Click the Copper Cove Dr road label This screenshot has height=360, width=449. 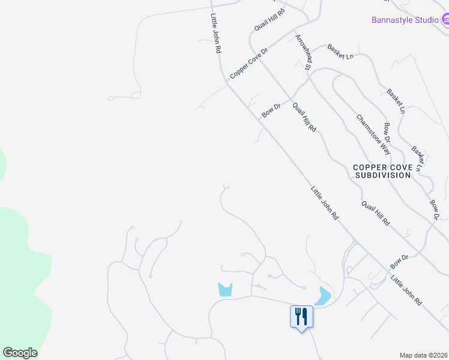coord(247,62)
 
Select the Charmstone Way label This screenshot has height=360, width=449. coord(373,135)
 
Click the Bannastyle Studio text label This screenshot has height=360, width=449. coord(405,20)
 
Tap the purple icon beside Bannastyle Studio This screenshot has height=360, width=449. coord(445,20)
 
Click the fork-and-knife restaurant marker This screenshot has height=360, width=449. coord(301,316)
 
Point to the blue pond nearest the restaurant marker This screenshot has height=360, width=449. coord(323,296)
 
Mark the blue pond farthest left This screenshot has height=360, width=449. coord(224,289)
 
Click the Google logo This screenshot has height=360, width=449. coord(20,353)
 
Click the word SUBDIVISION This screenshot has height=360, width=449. coord(382,175)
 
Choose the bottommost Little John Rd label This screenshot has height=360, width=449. coord(406,292)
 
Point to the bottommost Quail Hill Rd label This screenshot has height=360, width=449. coord(376,213)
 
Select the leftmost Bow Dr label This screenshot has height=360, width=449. coord(271,110)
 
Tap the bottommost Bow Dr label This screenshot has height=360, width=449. coord(399,261)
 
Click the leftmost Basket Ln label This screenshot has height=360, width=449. coord(340,52)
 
